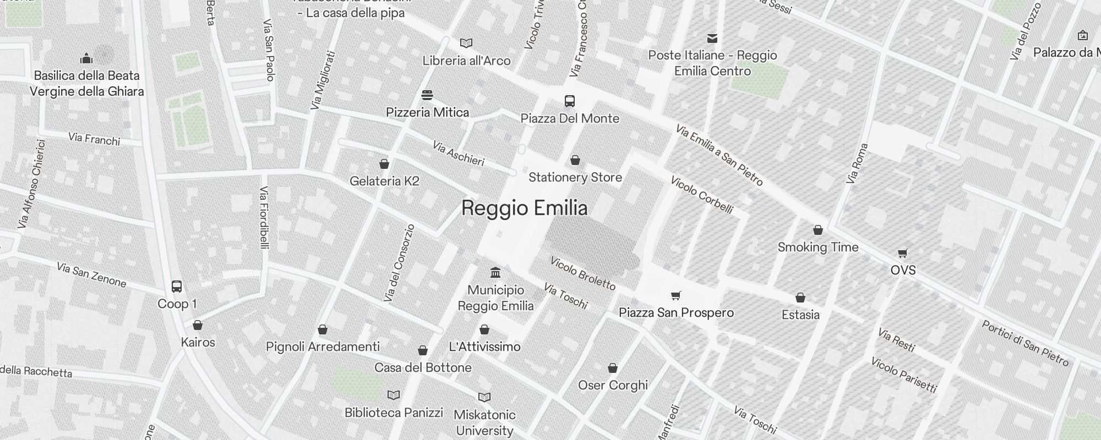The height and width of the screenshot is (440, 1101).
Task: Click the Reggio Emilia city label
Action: [x=524, y=208]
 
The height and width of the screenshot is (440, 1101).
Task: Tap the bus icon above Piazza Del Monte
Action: [x=570, y=101]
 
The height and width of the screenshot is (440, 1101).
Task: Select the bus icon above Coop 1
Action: [x=177, y=287]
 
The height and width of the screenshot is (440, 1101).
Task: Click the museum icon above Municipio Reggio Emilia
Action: [x=495, y=273]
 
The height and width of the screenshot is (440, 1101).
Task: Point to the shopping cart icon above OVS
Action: [x=903, y=253]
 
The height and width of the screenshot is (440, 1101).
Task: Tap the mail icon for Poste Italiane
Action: [x=712, y=38]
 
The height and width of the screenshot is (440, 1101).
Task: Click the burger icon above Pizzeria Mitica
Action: [x=427, y=95]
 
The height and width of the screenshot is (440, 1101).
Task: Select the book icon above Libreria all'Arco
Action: [x=466, y=43]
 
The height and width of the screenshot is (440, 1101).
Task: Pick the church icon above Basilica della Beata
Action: [x=86, y=58]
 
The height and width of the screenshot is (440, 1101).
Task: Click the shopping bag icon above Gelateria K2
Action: [x=384, y=164]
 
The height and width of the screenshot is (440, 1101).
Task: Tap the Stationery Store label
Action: [x=575, y=177]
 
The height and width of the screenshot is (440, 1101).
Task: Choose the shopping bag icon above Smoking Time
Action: [x=818, y=230]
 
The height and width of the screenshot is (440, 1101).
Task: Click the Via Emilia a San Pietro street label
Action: [x=719, y=156]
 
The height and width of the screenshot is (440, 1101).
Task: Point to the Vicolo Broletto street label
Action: [x=582, y=273]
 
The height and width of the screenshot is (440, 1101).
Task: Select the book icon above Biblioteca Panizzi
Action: [x=394, y=395]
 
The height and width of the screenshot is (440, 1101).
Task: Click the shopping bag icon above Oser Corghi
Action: [x=613, y=368]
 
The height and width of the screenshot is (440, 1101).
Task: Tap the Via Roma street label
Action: [x=858, y=163]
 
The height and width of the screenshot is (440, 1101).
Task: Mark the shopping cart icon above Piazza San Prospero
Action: [x=676, y=295]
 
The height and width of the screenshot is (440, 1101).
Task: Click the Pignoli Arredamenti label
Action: [x=323, y=346]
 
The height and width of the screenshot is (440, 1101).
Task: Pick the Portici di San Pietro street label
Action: [x=1025, y=343]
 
